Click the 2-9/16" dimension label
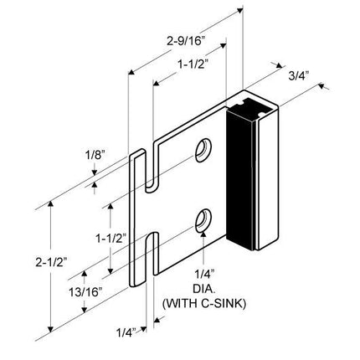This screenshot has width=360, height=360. (x=185, y=39)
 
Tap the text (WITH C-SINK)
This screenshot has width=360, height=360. (x=205, y=302)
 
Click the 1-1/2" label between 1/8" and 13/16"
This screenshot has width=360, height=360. (x=109, y=238)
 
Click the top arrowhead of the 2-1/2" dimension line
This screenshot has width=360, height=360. (x=51, y=202)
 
